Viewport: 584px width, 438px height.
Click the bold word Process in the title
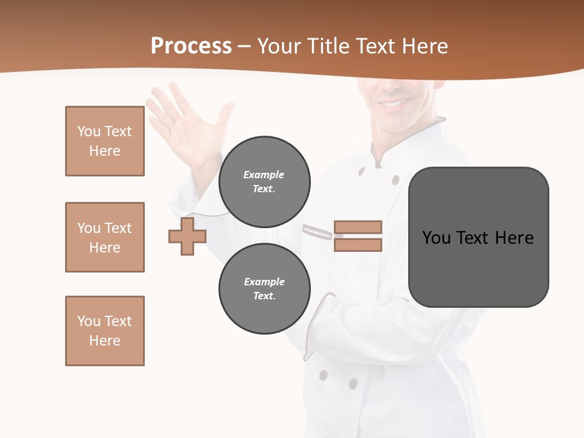191,46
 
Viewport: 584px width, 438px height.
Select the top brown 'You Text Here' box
105,141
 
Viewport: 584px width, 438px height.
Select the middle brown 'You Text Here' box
105,237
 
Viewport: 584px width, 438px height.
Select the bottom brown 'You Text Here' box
105,331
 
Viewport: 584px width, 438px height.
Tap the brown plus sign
187,237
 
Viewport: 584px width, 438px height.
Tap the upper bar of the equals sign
358,227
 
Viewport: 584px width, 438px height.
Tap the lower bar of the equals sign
358,245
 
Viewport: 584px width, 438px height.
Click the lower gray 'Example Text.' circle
264,289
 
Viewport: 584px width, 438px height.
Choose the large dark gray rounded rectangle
478,237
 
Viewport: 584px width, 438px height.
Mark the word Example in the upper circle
264,175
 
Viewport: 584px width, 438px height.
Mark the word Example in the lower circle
264,282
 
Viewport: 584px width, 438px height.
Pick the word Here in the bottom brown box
105,341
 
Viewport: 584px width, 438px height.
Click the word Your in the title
279,46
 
